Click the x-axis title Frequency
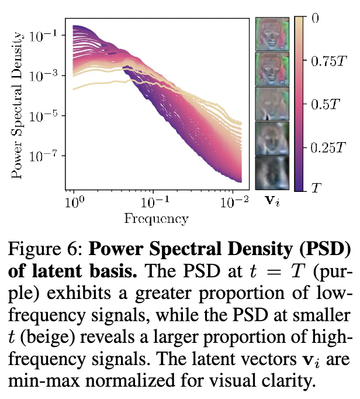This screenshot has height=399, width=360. coord(156,219)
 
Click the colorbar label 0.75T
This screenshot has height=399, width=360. coord(329,61)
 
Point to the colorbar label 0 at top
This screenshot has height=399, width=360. coord(315,18)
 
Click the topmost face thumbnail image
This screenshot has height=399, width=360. coord(272,33)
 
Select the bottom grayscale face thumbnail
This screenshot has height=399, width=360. coord(272,174)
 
